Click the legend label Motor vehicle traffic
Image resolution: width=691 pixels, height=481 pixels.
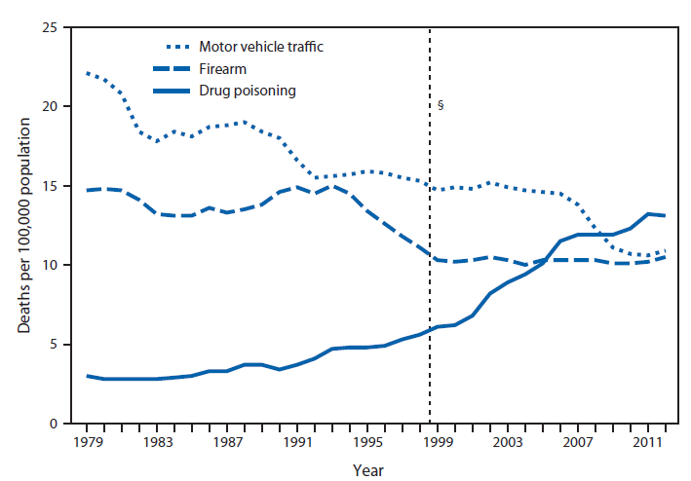pyautogui.click(x=260, y=47)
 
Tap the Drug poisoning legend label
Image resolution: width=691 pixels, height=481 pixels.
pyautogui.click(x=248, y=91)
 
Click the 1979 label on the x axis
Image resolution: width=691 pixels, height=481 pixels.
pyautogui.click(x=88, y=444)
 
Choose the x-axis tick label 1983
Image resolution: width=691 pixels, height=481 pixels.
pyautogui.click(x=158, y=444)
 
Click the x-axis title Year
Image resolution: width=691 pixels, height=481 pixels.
pyautogui.click(x=368, y=469)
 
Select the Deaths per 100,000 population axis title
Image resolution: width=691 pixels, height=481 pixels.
pyautogui.click(x=23, y=226)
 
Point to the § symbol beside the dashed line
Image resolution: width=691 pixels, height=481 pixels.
pyautogui.click(x=441, y=104)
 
